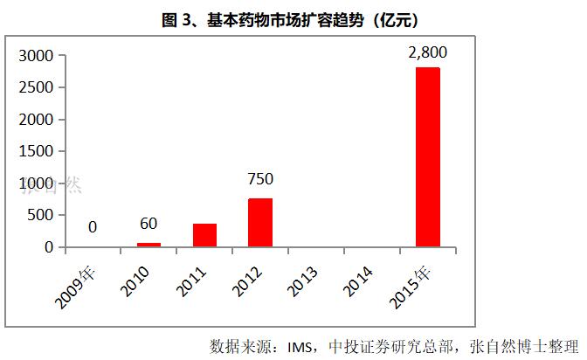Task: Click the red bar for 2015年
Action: [427, 157]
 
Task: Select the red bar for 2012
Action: [260, 223]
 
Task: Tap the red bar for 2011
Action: [204, 235]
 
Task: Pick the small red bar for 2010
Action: [149, 245]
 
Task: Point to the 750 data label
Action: [260, 180]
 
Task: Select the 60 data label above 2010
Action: [148, 225]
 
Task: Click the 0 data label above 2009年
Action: [93, 228]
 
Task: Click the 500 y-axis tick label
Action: [42, 216]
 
